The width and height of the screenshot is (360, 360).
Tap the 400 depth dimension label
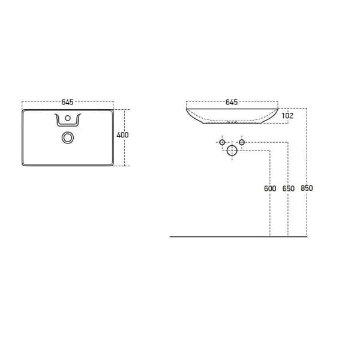122,135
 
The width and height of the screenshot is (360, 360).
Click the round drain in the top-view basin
68,137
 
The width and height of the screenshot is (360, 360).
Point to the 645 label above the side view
232,102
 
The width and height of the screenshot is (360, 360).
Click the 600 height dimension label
270,188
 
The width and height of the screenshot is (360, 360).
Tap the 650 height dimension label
288,188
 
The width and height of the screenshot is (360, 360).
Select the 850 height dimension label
307,188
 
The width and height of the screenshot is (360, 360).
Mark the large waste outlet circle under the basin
232,151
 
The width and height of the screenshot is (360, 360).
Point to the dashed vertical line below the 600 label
270,216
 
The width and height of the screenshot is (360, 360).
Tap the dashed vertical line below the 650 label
288,216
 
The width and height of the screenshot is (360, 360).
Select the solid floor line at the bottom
240,236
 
